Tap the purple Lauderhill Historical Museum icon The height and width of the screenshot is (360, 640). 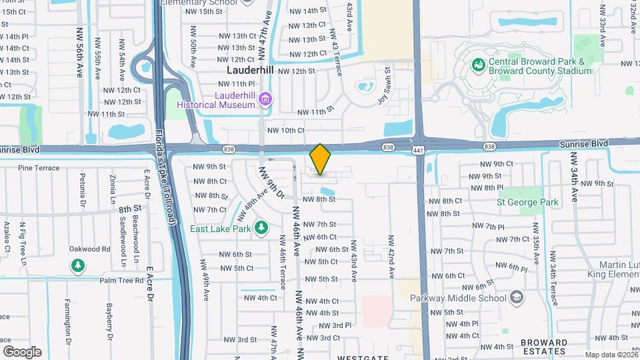coord(266,100)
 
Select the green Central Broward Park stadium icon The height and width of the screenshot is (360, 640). coord(478,65)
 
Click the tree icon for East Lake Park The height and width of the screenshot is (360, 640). coord(262,228)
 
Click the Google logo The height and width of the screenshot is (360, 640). coord(22,351)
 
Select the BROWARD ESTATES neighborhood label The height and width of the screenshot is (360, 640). coord(544,347)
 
